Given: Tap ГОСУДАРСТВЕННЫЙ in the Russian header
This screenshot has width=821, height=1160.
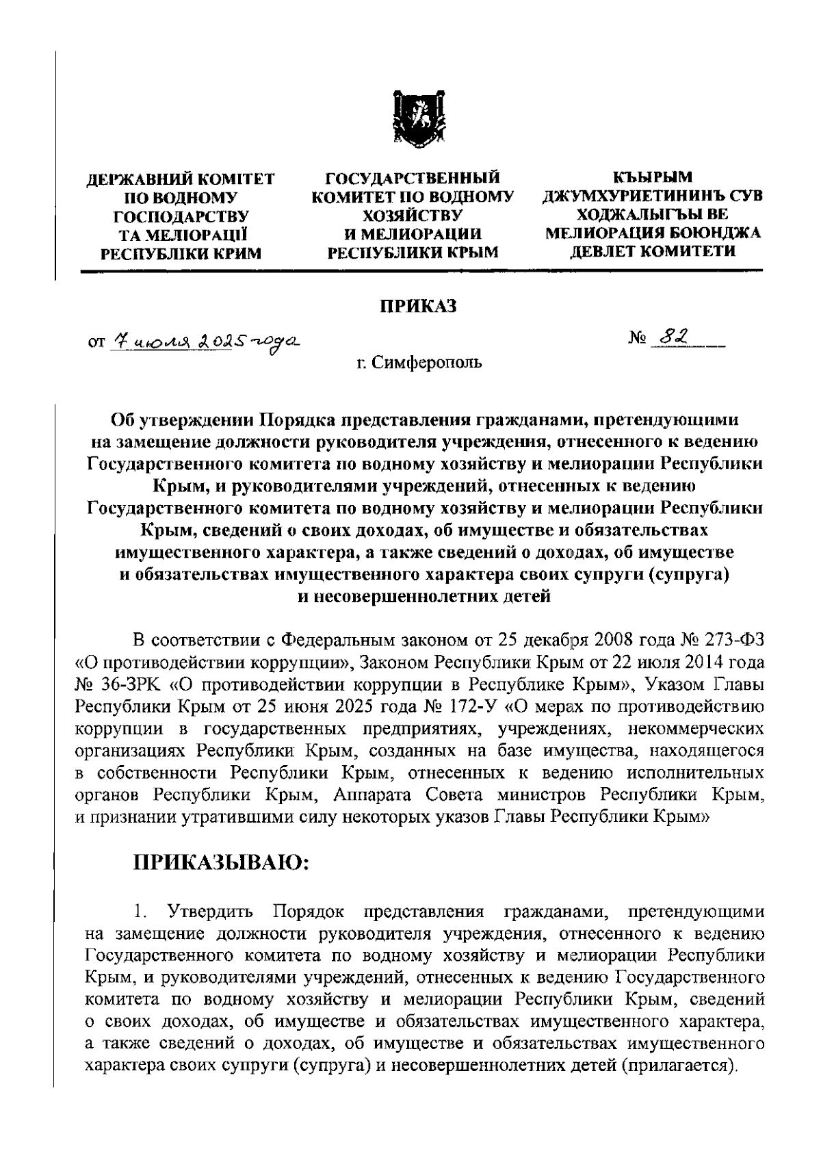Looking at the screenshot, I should [x=412, y=181].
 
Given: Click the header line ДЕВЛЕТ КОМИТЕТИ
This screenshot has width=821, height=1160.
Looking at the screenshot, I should [x=653, y=252].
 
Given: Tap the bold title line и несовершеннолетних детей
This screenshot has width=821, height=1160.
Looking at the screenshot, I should [x=424, y=597].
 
